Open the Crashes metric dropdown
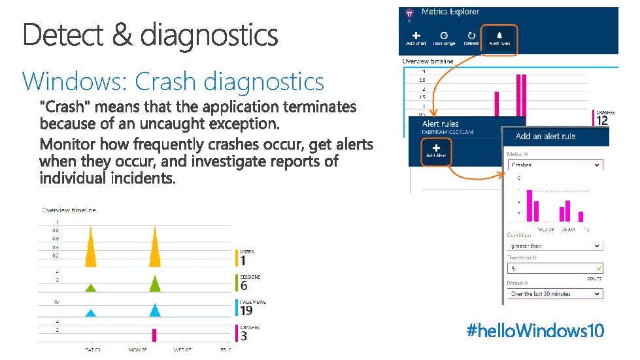point(554,165)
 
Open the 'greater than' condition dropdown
point(554,246)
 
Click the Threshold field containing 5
point(554,268)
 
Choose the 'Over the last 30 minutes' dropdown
point(554,294)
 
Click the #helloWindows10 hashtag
point(535,331)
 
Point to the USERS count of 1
point(243,261)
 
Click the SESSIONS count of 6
point(244,286)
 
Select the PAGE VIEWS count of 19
point(246,310)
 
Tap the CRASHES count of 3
point(244,336)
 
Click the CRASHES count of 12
point(602,120)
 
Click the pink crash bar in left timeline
point(154,335)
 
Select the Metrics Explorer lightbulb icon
point(410,13)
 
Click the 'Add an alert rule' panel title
point(545,136)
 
